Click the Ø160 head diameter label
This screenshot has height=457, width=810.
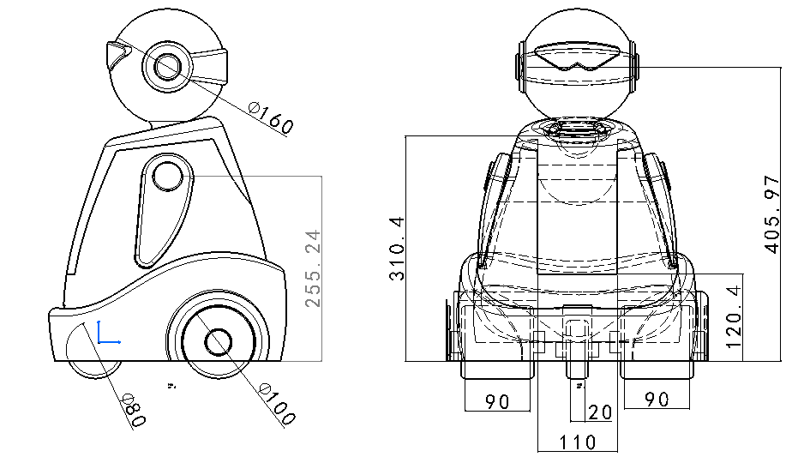click(x=271, y=117)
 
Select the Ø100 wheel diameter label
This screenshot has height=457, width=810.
click(x=277, y=404)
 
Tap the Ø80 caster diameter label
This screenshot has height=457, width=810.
click(x=135, y=411)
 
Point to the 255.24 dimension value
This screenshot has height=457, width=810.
click(x=313, y=269)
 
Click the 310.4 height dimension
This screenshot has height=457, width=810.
click(x=397, y=249)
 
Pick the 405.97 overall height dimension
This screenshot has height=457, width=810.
click(x=771, y=214)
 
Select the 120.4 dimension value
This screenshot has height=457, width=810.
click(x=734, y=317)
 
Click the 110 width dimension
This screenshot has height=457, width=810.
click(x=578, y=442)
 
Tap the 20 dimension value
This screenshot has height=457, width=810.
click(x=600, y=412)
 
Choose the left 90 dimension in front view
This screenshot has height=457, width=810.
click(x=497, y=401)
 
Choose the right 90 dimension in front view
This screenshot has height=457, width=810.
click(x=657, y=399)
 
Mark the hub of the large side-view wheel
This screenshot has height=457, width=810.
click(x=218, y=342)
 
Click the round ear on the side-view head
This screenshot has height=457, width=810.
click(x=167, y=66)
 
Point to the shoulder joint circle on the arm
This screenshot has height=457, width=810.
click(x=168, y=177)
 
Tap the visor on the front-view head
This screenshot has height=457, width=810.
click(x=577, y=57)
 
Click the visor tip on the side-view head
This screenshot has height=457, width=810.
click(x=117, y=53)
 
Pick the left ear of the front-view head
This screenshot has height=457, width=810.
click(x=519, y=67)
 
